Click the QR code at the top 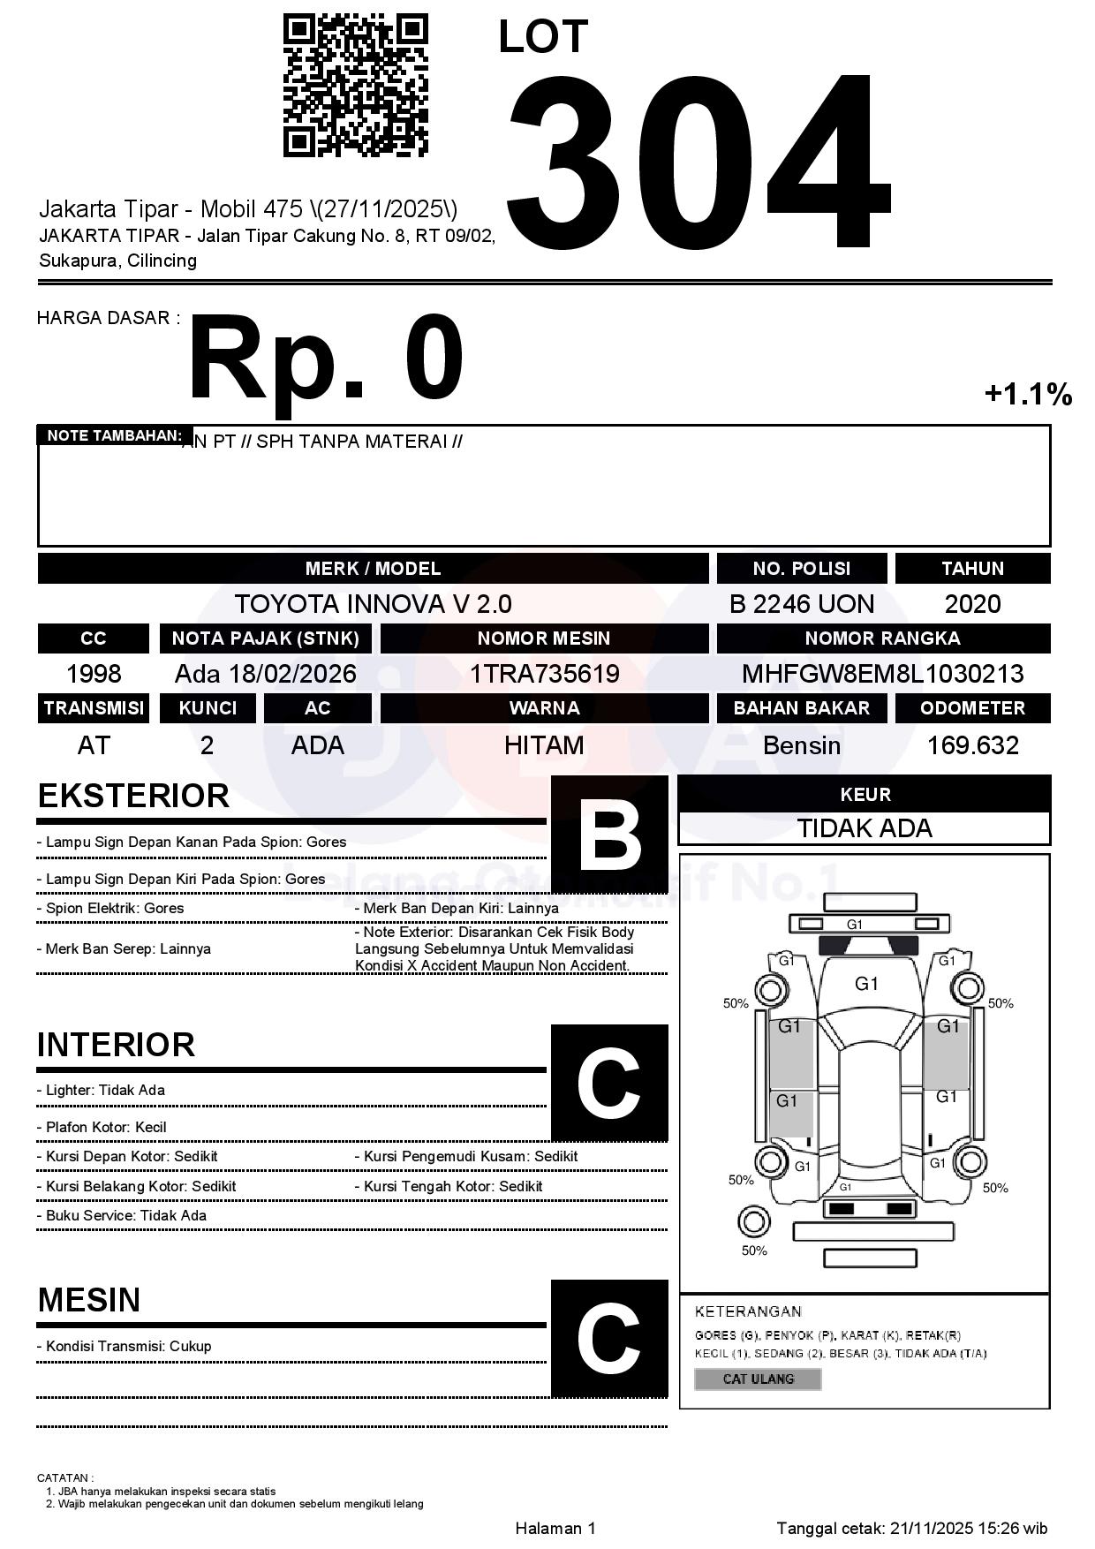pos(355,85)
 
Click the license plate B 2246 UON pos(801,604)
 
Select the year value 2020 pos(972,604)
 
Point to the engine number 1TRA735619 pos(544,674)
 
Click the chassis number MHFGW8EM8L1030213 pos(882,674)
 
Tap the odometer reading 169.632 pos(972,745)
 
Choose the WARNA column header pos(544,708)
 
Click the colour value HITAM pos(544,745)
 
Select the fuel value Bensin pos(801,745)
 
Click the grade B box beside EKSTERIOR pos(609,833)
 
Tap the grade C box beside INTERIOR pos(609,1082)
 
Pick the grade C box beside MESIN pos(609,1337)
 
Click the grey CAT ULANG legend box pos(758,1379)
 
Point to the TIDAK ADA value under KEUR pos(865,828)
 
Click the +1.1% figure pos(1028,394)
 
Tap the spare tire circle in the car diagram pos(753,1222)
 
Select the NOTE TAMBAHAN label pos(114,435)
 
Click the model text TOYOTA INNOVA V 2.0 pos(373,604)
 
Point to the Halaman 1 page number pos(555,1528)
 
